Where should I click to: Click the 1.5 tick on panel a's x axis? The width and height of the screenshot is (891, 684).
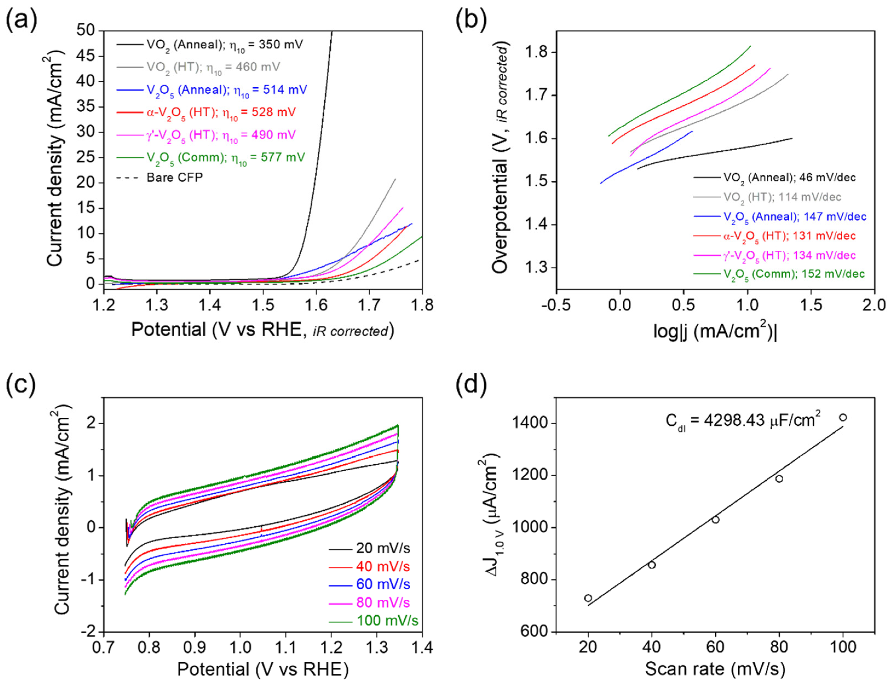(x=263, y=305)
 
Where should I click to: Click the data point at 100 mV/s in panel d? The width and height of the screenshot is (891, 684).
(x=843, y=417)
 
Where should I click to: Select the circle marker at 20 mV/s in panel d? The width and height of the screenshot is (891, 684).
(x=588, y=598)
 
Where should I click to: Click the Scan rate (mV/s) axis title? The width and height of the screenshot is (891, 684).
(x=715, y=670)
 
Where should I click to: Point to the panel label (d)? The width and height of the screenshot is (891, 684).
(x=471, y=384)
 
